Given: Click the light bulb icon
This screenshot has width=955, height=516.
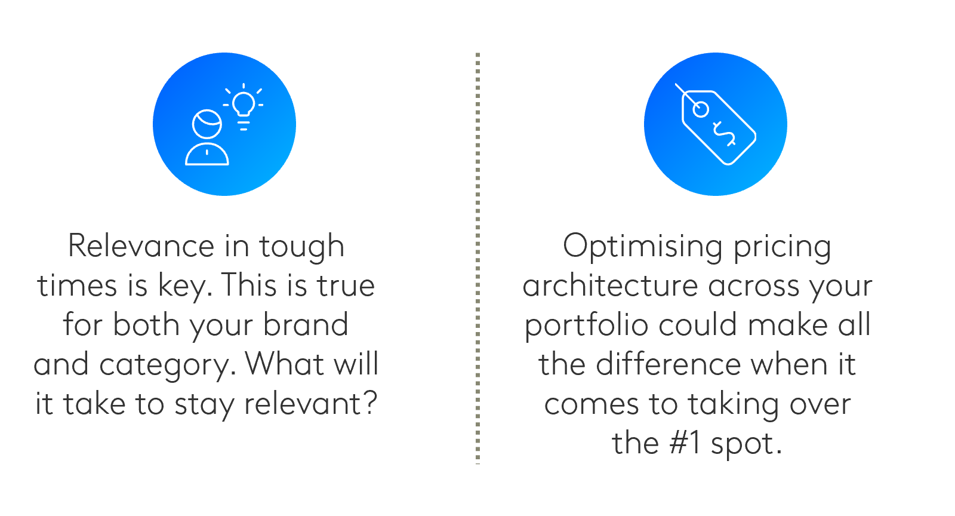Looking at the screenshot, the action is coord(244,106).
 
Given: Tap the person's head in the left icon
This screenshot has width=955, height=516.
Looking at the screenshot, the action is coord(207,124).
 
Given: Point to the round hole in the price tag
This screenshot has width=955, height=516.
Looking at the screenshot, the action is coord(701,109).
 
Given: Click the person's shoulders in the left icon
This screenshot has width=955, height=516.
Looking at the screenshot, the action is coord(207,154).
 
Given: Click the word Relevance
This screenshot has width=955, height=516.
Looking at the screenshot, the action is coord(141,246).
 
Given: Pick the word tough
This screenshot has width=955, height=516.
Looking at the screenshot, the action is coord(302,248).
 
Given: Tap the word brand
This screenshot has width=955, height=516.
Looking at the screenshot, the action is coord(306,324).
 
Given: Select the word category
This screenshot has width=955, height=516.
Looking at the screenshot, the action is coord(168,366).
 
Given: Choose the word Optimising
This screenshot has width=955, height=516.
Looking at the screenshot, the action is coord(642,247).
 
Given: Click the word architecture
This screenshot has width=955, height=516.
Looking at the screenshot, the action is coord(611,285).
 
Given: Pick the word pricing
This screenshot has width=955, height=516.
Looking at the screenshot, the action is coord(783,247).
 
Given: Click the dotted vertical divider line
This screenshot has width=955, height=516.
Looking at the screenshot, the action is coord(478,258).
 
